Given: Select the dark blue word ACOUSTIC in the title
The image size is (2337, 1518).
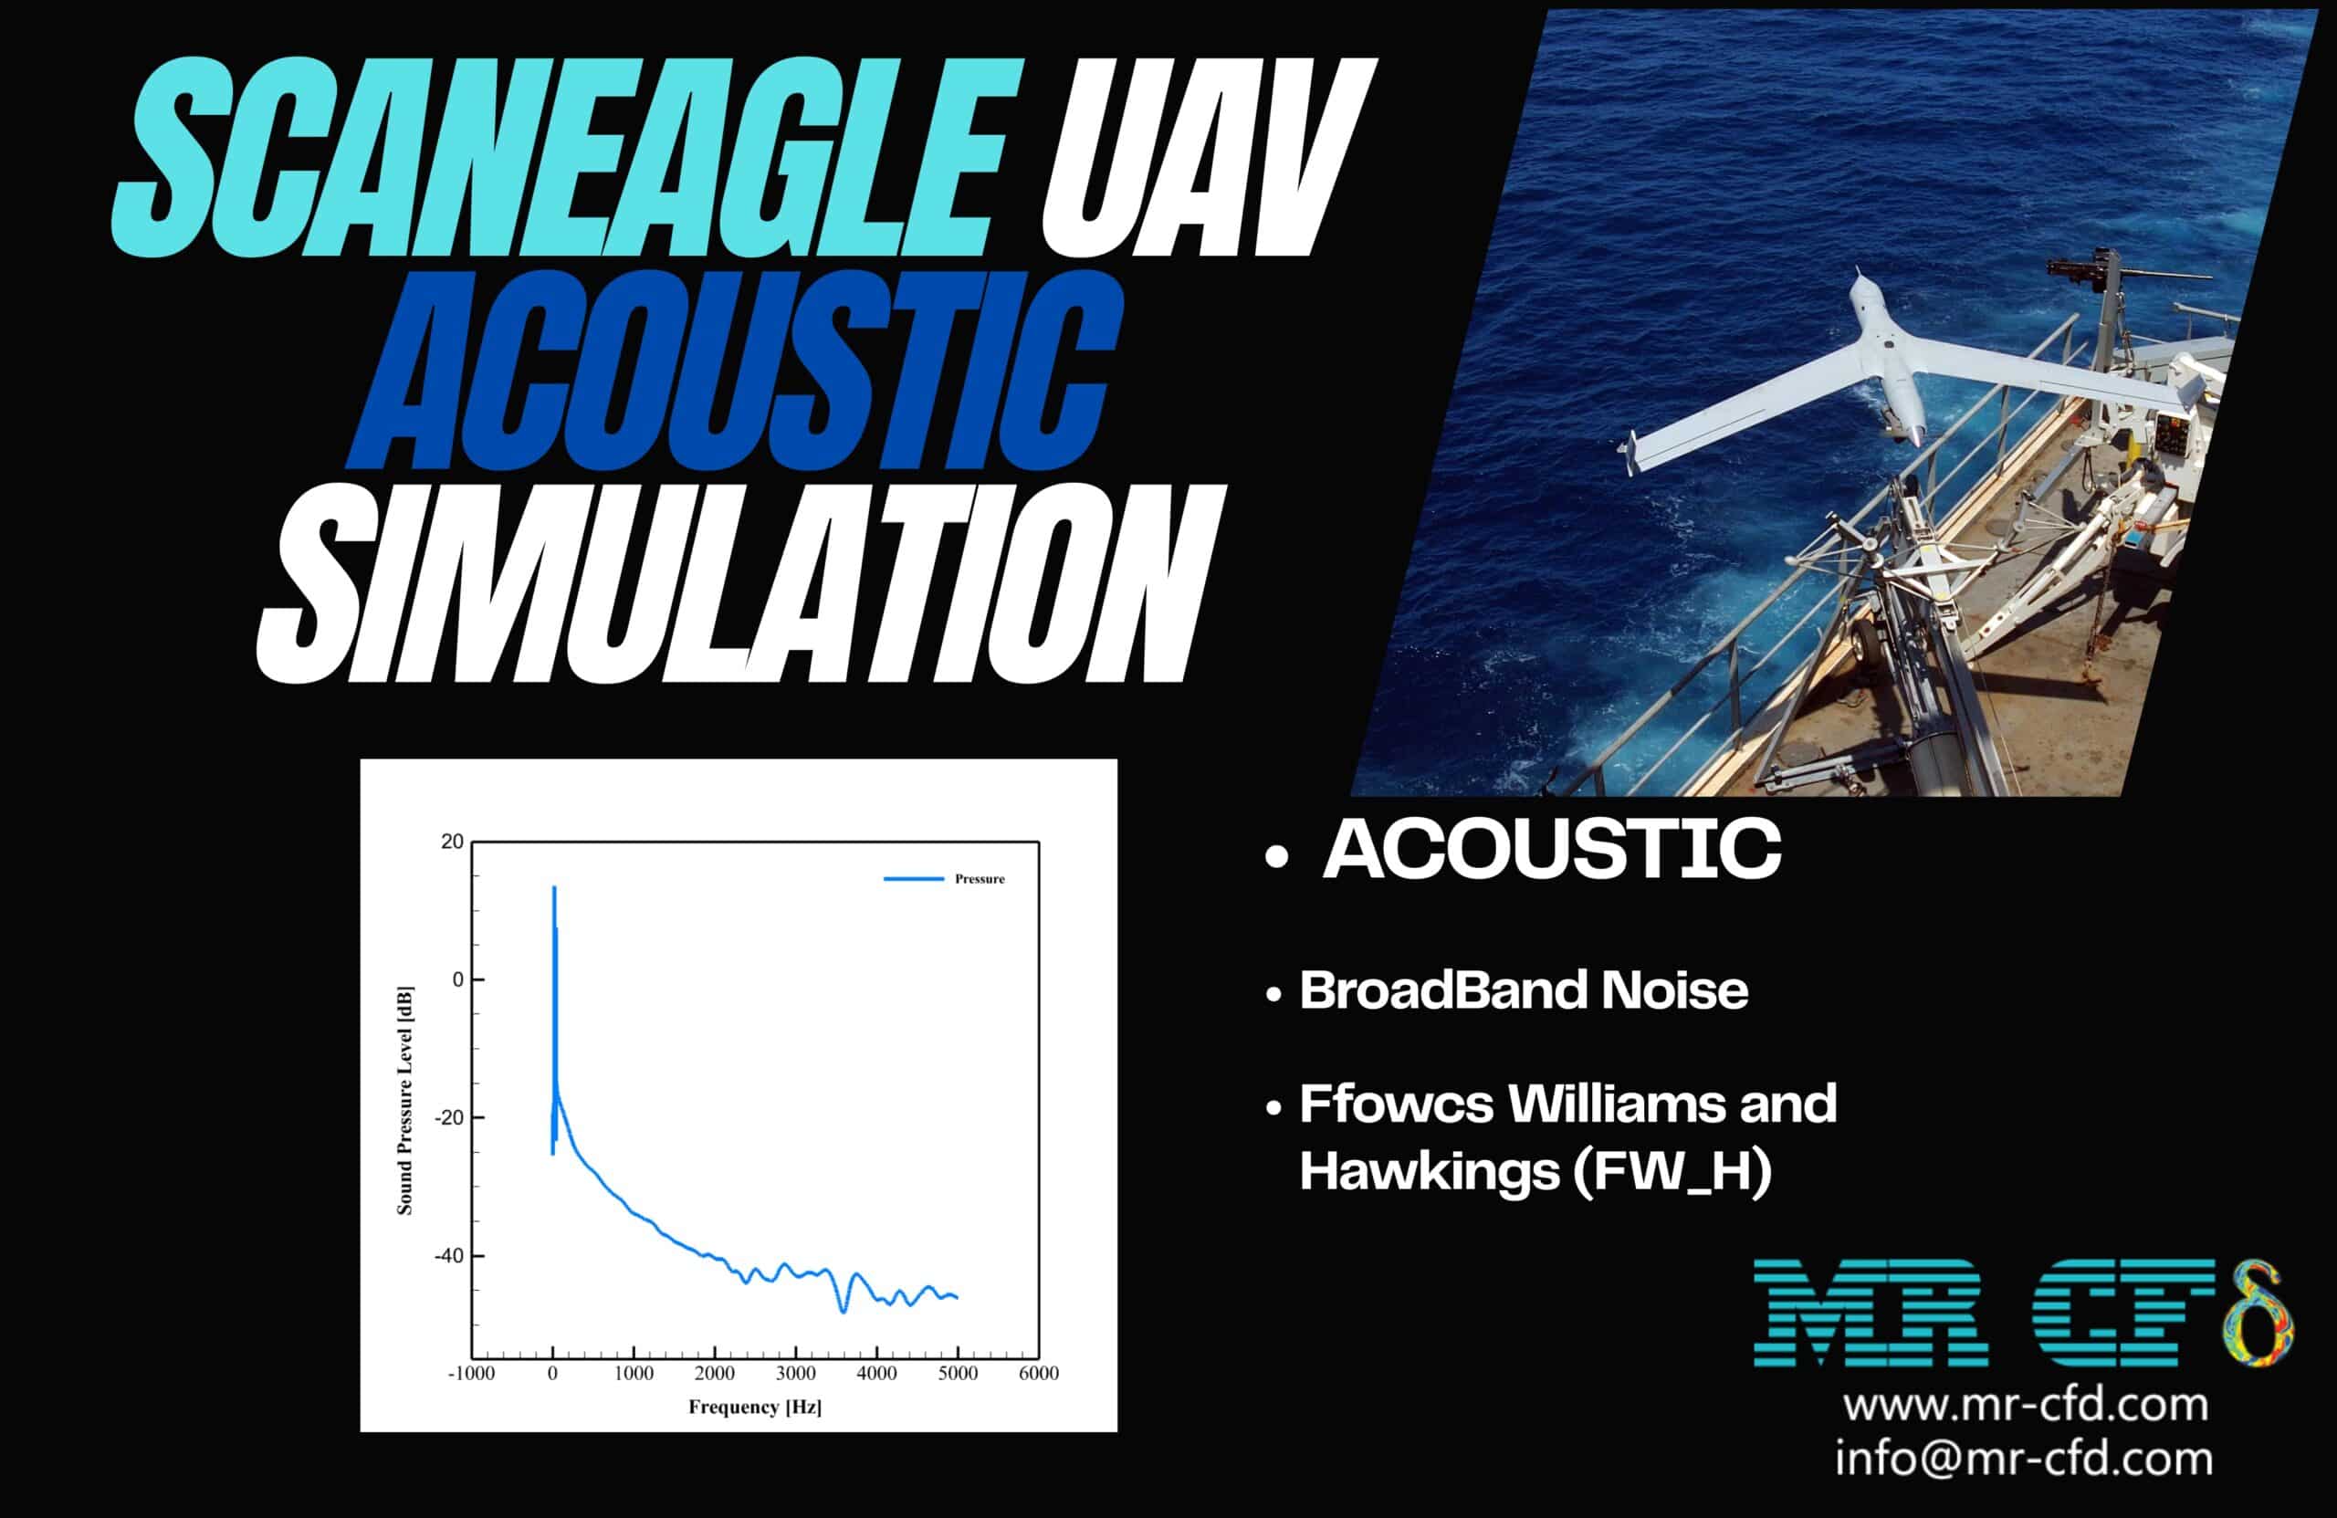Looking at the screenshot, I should (x=737, y=373).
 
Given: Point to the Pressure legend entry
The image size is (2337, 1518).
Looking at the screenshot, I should (x=979, y=879).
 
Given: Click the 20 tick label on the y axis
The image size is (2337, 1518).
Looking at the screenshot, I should (x=452, y=842).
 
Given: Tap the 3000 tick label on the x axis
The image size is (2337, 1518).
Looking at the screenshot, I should (x=795, y=1374).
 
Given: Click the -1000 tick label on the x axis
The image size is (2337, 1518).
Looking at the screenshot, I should (x=471, y=1374).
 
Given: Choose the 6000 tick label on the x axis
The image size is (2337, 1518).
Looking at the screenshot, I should (x=1038, y=1374).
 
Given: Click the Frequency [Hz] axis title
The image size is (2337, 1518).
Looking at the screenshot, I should (x=754, y=1407).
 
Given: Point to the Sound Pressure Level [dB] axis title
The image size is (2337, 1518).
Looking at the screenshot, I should (x=404, y=1100).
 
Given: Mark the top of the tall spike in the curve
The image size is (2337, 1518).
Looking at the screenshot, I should (x=554, y=887).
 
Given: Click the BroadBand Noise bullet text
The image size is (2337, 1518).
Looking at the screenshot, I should (x=1523, y=989).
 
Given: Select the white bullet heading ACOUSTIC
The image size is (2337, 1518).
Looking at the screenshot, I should (x=1551, y=849).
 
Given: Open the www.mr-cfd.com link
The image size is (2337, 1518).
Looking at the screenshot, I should (x=2025, y=1405).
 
